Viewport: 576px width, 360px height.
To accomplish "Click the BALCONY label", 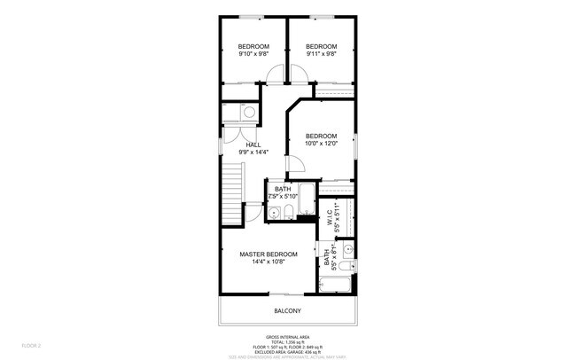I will point(287,310).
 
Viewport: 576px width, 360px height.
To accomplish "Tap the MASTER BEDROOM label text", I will point(268,254).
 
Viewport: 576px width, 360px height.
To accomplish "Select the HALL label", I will point(253,145).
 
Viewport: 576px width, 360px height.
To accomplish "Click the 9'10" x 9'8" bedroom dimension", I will point(253,54).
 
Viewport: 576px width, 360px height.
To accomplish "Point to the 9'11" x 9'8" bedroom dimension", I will point(321,54).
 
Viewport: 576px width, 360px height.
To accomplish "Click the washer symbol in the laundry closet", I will point(248,113).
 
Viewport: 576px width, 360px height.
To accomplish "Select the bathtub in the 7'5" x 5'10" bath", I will point(307,201).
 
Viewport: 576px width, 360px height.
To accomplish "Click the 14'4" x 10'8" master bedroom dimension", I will point(268,262).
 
